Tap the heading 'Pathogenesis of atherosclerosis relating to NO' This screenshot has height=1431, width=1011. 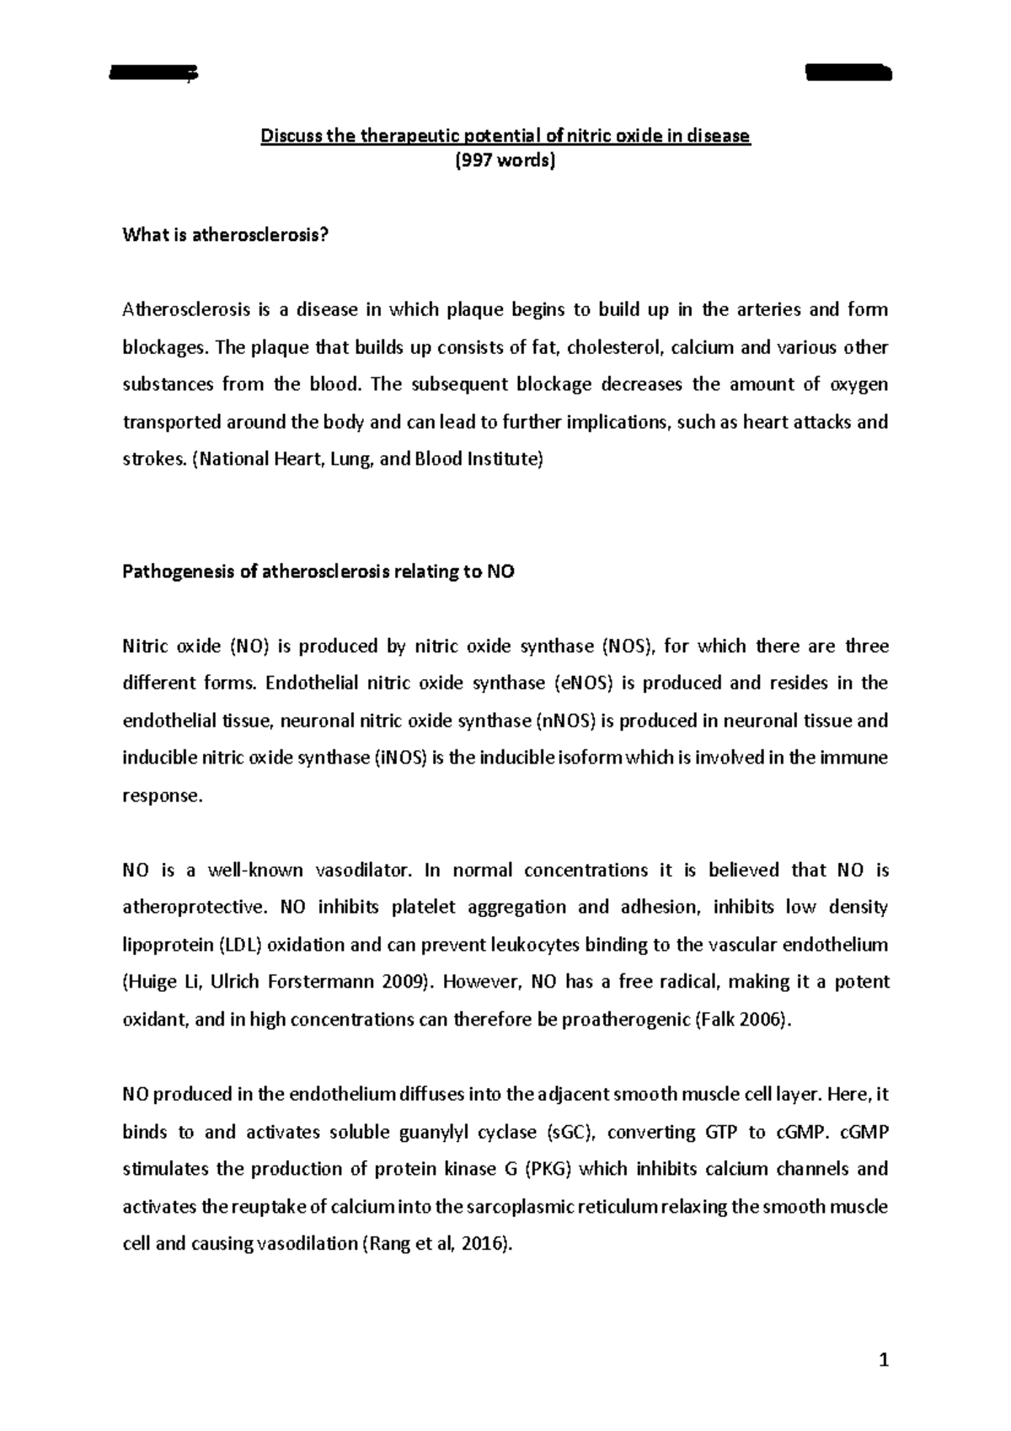[x=318, y=571]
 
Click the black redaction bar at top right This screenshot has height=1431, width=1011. [x=847, y=75]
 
